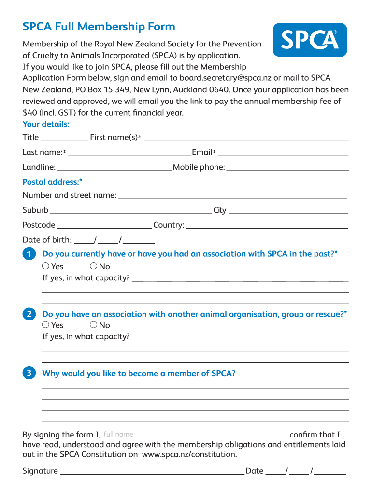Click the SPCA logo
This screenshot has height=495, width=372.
(310, 40)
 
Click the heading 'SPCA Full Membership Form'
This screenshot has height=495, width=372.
(99, 27)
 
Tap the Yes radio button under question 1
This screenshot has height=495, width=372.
(45, 266)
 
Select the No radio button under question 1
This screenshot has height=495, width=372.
(93, 266)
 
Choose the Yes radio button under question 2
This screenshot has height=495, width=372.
(45, 325)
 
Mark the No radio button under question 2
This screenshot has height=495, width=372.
(93, 325)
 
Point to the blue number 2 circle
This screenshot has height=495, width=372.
(29, 314)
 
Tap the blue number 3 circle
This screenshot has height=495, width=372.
(29, 373)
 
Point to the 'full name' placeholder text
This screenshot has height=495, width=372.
(118, 434)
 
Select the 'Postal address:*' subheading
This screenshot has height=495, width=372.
(52, 182)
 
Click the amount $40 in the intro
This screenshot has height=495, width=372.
(30, 113)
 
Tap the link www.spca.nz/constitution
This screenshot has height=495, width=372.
(189, 455)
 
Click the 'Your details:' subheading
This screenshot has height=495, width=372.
(46, 124)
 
